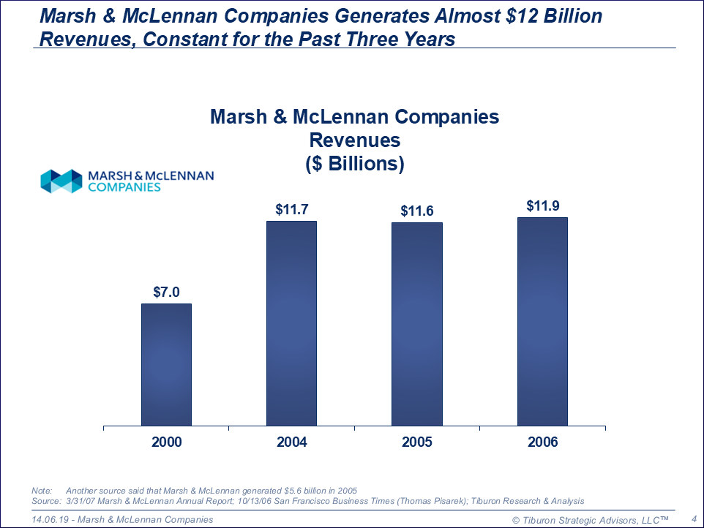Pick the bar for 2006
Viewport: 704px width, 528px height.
point(542,321)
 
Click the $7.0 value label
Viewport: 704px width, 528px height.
point(166,292)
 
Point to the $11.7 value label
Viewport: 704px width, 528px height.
point(291,209)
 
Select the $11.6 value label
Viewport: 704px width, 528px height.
point(417,211)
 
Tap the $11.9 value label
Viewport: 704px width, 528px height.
point(542,205)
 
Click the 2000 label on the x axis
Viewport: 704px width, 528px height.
point(166,442)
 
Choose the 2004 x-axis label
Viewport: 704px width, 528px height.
point(291,442)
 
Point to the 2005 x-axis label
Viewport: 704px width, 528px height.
point(417,442)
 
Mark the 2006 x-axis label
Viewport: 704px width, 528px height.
point(542,442)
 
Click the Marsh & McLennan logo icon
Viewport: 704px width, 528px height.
point(61,181)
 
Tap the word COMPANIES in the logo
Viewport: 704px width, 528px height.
point(124,187)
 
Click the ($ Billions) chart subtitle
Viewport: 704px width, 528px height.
point(354,163)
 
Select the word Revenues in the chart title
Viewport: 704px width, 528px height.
point(354,140)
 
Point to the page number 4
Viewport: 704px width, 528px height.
point(692,519)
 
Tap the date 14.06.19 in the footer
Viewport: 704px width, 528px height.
point(50,519)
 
